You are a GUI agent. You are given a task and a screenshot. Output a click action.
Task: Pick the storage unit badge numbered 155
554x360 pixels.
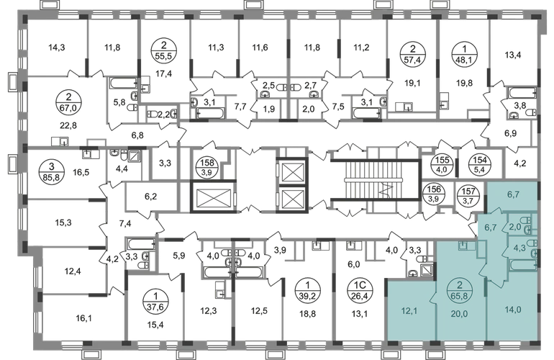(441, 164)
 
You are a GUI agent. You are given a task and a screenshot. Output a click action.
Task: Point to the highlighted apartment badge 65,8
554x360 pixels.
(460, 289)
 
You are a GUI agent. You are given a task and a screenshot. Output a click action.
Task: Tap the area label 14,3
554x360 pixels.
(57, 48)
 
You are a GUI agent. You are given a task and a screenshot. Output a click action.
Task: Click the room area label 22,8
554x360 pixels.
(68, 125)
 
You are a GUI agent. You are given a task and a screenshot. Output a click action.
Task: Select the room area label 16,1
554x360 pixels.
(83, 318)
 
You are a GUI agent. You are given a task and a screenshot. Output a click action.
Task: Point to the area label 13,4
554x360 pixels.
(513, 55)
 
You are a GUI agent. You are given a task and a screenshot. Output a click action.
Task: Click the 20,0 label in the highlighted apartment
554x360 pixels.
(459, 312)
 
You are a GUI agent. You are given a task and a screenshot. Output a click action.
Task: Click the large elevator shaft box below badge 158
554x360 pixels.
(213, 197)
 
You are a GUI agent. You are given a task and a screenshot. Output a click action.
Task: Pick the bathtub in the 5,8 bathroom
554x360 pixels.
(123, 84)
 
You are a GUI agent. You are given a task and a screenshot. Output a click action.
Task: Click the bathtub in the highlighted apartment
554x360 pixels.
(522, 264)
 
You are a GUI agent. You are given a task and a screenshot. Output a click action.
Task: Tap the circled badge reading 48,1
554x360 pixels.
(464, 55)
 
